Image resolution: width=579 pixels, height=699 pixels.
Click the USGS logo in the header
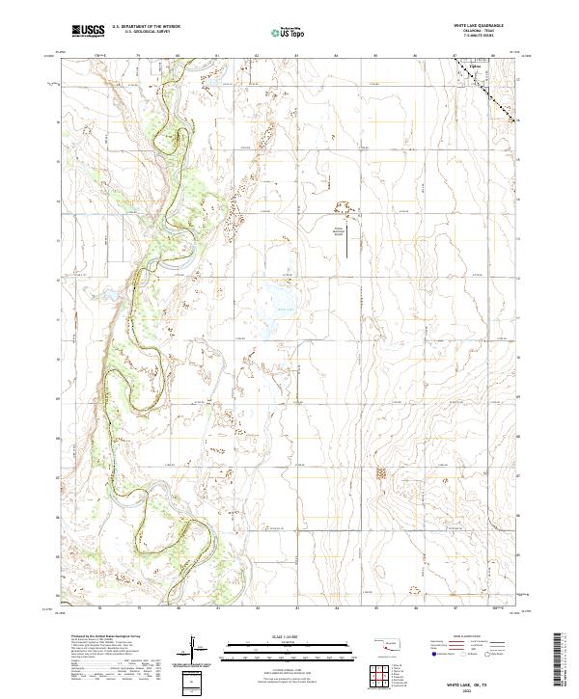tap(88, 32)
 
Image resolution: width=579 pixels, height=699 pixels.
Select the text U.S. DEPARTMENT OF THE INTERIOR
tap(146, 27)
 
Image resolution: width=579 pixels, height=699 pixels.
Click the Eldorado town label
tap(474, 67)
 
